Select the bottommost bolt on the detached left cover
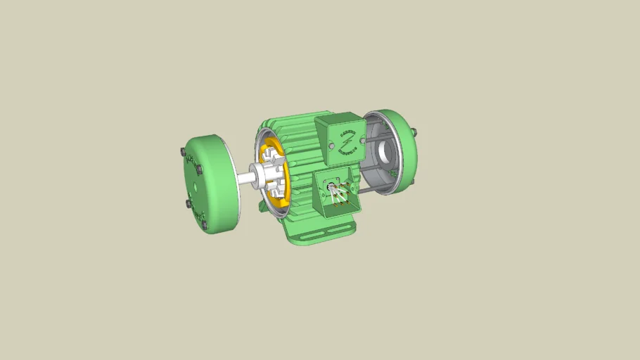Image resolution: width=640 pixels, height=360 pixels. pyautogui.click(x=204, y=225)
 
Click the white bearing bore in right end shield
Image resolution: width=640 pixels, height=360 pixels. pyautogui.click(x=386, y=149)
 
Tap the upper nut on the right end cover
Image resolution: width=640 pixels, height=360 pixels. pyautogui.click(x=413, y=131)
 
